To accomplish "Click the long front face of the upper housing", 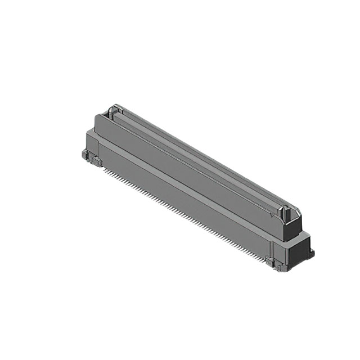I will point(186,169).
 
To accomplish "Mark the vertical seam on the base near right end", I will point(271,247).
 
